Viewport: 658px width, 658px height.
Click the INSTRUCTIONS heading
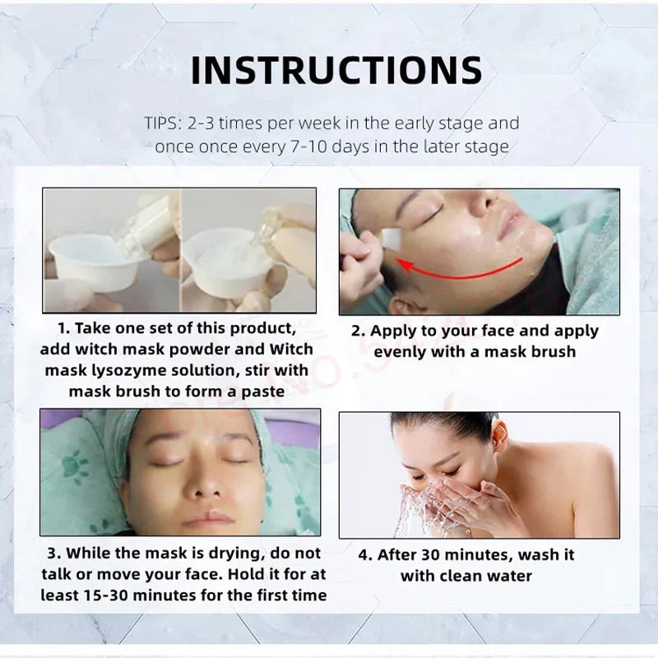336,70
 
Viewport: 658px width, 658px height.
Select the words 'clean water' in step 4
489,576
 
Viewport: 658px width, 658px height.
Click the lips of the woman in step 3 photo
206,520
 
